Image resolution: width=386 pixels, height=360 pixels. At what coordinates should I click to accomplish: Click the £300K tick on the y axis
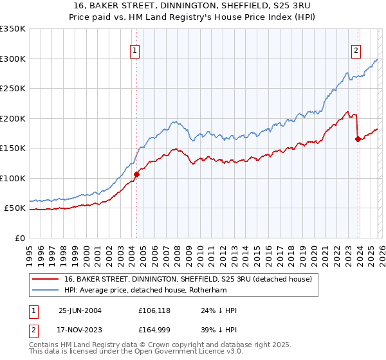pos(13,59)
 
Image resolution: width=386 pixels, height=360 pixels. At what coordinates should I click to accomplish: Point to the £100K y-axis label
pos(13,178)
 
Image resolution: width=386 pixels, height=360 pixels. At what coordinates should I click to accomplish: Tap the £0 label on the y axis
pos(19,238)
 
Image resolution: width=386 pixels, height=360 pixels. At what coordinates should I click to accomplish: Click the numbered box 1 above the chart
pos(135,51)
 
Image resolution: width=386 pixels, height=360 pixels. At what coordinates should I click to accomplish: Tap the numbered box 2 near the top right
pos(356,51)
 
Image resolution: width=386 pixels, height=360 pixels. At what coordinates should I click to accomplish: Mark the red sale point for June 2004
pos(136,174)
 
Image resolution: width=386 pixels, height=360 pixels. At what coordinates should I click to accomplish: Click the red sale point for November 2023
pos(358,139)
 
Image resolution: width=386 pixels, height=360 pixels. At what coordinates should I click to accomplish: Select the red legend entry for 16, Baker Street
pos(188,279)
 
